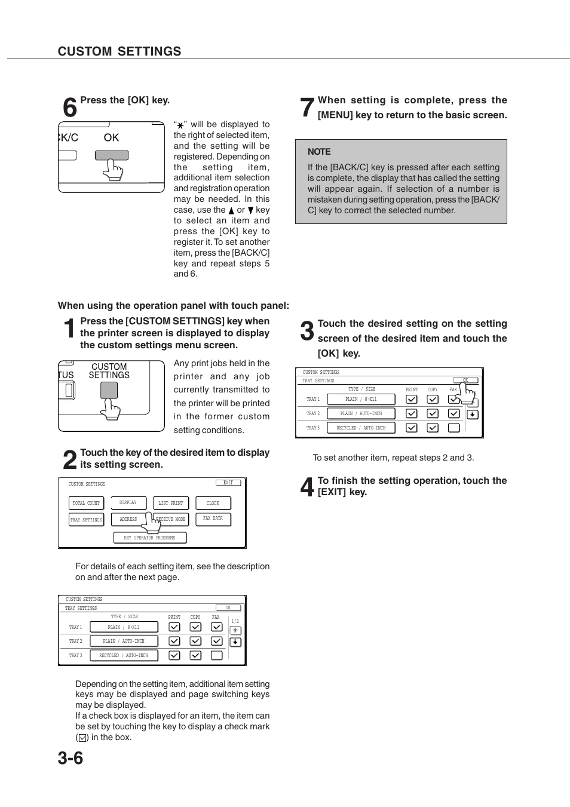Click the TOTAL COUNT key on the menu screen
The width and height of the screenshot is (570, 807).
tap(86, 503)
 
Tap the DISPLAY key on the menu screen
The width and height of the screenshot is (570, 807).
tap(128, 503)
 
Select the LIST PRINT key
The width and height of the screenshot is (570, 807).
tap(171, 503)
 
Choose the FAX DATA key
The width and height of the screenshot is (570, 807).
tap(213, 518)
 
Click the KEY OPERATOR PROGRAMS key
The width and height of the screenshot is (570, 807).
tap(149, 538)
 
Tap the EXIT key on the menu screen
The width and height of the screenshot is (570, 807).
tap(228, 483)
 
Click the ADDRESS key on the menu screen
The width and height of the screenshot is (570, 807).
tap(128, 519)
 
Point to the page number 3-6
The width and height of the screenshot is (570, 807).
tap(71, 758)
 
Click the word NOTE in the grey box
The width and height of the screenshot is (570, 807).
tap(319, 152)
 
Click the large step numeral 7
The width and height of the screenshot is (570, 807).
tap(307, 108)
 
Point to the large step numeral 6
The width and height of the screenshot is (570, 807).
tap(70, 108)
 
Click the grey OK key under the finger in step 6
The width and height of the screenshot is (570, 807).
tap(112, 155)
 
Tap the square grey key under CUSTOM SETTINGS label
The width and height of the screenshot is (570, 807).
tap(109, 390)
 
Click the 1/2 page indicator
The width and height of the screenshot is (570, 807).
tap(235, 621)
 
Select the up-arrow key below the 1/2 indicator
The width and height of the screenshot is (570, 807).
tap(235, 631)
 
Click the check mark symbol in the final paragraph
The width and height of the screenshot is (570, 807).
tap(82, 738)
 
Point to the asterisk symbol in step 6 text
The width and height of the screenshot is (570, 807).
tap(180, 125)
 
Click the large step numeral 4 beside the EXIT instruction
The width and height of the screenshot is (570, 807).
tap(307, 487)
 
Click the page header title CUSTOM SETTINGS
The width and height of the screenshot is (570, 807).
tap(119, 51)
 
